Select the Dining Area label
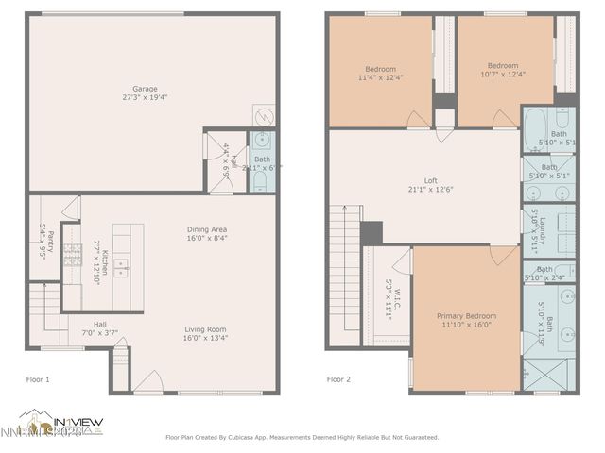[x=207, y=229]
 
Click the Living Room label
[x=206, y=329]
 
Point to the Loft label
[x=430, y=180]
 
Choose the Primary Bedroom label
[x=466, y=316]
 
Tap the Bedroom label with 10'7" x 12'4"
[x=503, y=66]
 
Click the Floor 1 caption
[x=38, y=379]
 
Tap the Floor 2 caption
[x=339, y=379]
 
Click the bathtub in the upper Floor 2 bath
[x=537, y=126]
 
